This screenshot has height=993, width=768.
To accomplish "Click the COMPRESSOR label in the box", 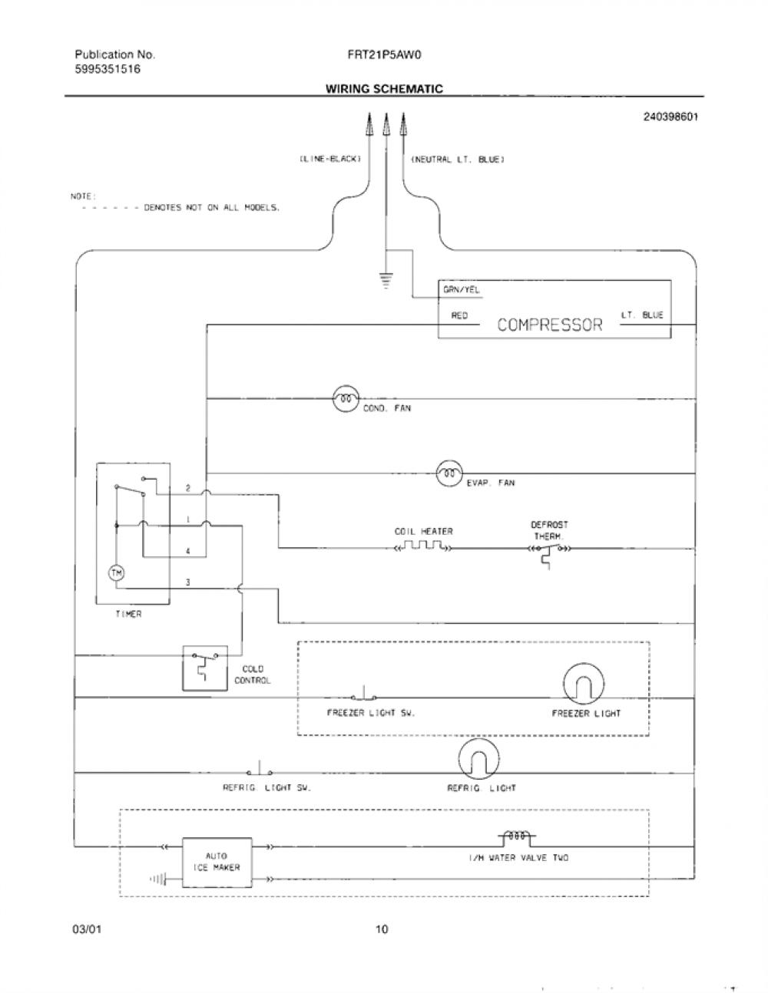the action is pos(550,325).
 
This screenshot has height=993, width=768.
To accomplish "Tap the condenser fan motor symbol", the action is pos(346,399).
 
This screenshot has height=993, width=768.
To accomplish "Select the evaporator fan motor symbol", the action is pos(449,473).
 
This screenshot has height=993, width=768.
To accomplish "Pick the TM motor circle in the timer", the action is pos(117,572).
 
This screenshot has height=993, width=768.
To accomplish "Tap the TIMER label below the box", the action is pos(128,614).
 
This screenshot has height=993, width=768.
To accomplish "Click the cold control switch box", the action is pos(205,668).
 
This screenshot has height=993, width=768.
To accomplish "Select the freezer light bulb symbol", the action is pos(584,684).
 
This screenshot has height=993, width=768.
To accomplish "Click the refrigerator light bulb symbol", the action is pos(478,759).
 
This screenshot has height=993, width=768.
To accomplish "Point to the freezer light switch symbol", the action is pos(364,694).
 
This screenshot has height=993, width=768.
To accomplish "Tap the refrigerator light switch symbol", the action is pos(260,769).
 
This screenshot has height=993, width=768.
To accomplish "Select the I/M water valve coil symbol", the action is pos(517,837).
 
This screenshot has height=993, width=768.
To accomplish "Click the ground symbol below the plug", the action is pos(386,279).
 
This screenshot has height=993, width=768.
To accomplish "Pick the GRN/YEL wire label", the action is pos(462,290).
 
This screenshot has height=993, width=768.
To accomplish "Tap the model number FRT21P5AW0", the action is pos(384,54).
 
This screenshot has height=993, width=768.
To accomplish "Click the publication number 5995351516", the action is pos(108,70).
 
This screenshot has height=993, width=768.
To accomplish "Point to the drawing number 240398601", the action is pos(670,117).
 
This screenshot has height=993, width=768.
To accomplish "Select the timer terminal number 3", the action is pos(188,582).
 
